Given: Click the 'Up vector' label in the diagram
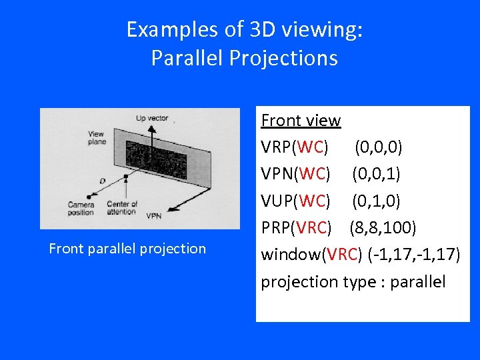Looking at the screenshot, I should coord(152,119).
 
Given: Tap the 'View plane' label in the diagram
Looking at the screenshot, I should coord(97,138).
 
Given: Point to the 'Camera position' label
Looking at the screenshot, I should coord(81,208).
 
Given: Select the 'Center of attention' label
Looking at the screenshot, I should coord(122,208).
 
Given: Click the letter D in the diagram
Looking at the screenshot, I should coord(101,180).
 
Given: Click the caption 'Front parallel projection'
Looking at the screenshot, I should coord(127,249).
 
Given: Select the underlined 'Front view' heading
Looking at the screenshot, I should coord(301,121).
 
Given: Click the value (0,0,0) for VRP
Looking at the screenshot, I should coord(377,147).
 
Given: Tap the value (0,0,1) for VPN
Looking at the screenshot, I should coord(377,174).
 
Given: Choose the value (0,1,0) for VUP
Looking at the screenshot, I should coord(377,201).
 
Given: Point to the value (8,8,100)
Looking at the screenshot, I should coord(383,228).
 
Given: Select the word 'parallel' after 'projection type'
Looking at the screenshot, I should coord(417,282).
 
